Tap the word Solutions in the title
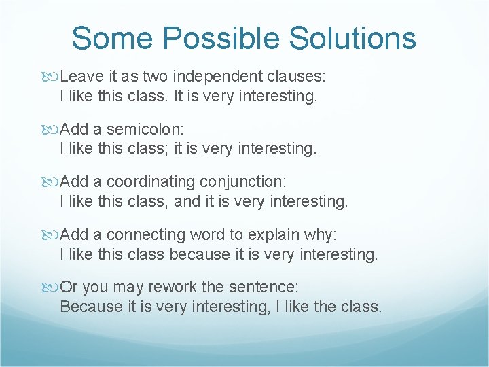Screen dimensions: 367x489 pyautogui.click(x=352, y=38)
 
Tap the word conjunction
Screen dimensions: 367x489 pyautogui.click(x=243, y=182)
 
